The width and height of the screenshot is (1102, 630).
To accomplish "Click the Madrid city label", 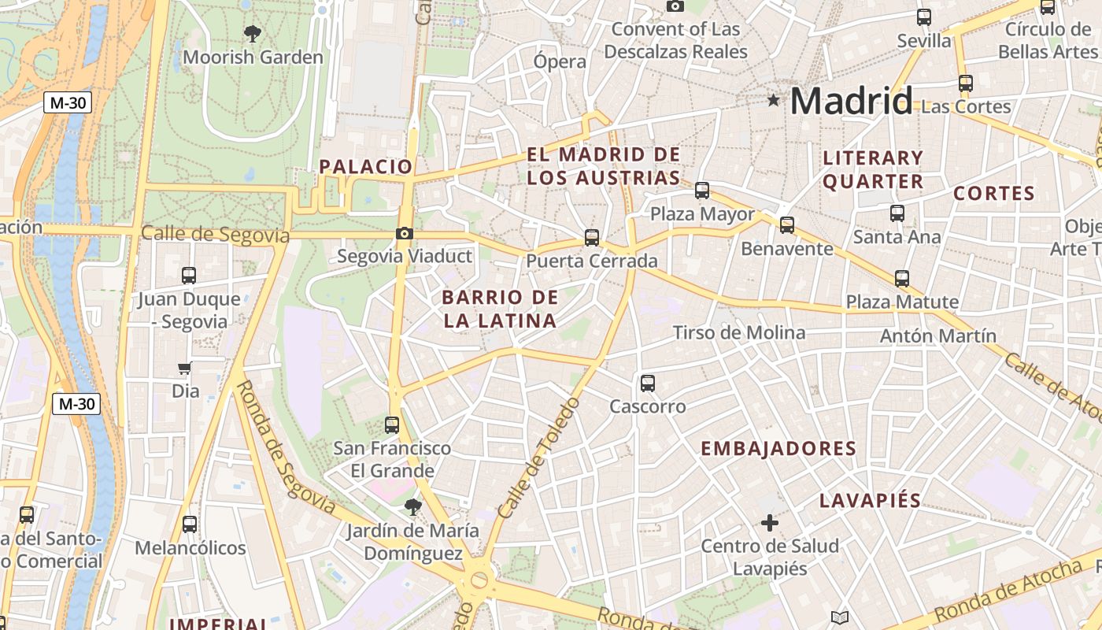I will tap(851, 102).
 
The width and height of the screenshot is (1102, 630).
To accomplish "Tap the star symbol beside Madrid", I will tap(774, 100).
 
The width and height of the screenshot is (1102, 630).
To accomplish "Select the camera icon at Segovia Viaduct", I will tap(404, 233).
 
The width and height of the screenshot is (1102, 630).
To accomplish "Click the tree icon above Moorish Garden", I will tap(253, 33).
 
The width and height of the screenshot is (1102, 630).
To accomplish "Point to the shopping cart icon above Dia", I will tap(185, 368).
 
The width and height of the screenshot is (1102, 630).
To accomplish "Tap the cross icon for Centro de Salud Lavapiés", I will tap(770, 522).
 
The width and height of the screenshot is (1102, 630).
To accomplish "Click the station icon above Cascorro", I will tap(647, 384).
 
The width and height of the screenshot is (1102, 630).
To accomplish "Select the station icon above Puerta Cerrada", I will tap(592, 237).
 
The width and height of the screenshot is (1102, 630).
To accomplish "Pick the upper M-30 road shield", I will tap(68, 102).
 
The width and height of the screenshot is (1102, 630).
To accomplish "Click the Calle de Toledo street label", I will tap(539, 458).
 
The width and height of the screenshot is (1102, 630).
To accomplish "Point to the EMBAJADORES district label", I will tap(778, 449).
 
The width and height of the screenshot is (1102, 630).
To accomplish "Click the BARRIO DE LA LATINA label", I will tap(500, 309).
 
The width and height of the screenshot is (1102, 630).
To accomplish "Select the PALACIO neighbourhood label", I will tap(365, 166).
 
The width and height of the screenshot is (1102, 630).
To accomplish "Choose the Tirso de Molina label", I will tap(739, 333).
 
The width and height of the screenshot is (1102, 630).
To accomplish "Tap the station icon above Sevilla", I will tap(924, 17).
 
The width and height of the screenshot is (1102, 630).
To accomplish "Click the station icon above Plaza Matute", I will tap(902, 278).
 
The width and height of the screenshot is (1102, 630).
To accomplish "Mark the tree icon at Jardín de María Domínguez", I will tap(412, 506).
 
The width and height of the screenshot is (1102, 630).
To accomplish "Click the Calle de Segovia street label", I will tap(215, 235).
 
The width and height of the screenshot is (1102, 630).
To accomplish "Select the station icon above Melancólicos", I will tap(190, 524).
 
